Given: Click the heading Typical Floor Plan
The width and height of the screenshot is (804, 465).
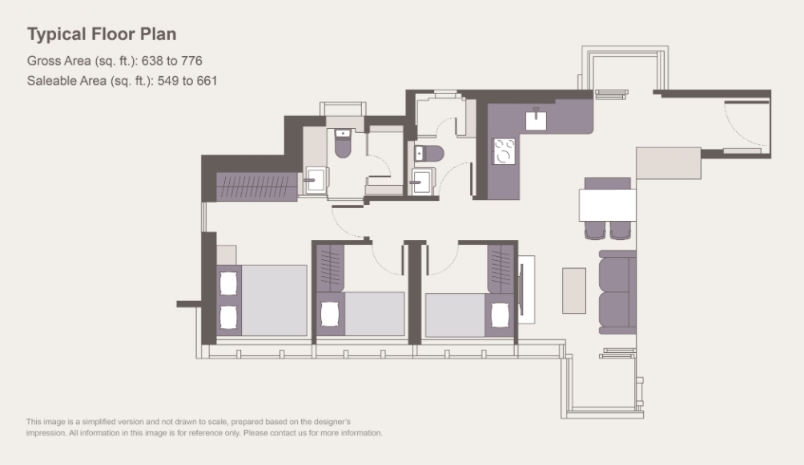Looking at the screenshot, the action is point(102,34).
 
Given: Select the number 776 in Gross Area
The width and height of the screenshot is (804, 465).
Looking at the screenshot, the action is point(191,61).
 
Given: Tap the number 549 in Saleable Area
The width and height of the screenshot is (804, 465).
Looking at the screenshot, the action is point(168,81).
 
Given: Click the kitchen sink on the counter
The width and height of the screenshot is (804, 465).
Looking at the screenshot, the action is point(536,121).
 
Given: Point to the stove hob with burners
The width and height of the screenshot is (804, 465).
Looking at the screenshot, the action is point(504,151).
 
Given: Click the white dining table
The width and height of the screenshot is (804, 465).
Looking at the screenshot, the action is point(608,205).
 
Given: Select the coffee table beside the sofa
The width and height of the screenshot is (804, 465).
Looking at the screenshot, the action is point(574,291).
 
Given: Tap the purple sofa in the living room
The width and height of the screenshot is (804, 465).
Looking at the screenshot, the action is point(618,292).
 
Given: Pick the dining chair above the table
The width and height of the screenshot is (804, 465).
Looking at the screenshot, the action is point(608,183).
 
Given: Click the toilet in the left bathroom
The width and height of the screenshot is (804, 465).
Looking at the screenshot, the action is point(343,143).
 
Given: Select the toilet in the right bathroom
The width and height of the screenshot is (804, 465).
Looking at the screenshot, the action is point(429,154).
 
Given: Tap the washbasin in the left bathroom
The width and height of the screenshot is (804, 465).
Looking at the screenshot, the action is point(315,180).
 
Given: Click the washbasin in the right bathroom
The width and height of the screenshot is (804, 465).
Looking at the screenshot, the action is point(422,182).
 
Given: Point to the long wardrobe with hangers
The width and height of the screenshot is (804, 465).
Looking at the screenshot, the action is point(256,186).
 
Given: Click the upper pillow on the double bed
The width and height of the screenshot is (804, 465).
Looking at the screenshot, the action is point(228,283).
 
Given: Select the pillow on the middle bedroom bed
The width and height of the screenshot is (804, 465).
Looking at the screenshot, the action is point(330,315).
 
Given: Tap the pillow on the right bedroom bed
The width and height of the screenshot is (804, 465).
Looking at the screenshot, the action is point(500,315).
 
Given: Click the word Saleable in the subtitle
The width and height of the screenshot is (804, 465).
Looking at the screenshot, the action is point(66,81).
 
